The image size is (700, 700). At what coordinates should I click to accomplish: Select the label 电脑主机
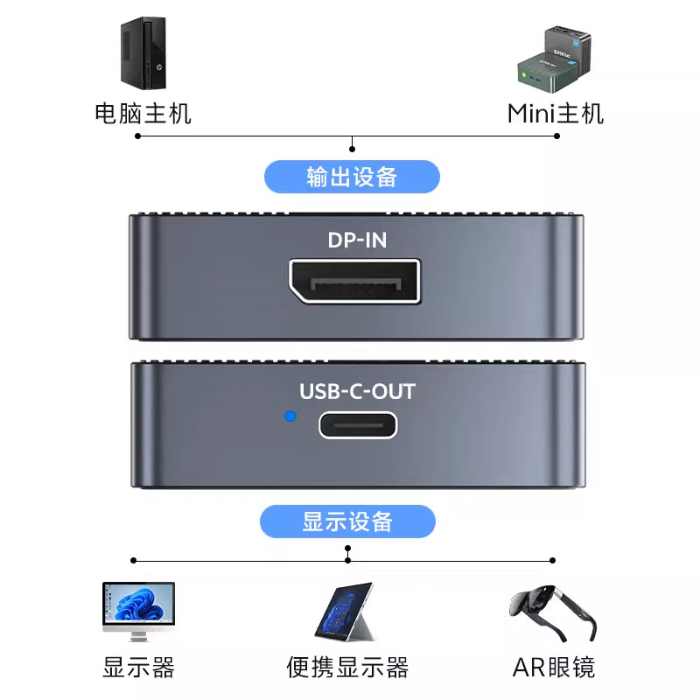[x=143, y=114]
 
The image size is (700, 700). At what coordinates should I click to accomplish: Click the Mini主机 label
[x=556, y=114]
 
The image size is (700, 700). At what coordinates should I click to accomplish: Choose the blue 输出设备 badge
[x=352, y=177]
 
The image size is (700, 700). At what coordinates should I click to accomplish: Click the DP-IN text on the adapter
[x=356, y=239]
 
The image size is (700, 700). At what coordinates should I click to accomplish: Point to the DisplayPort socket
[x=354, y=283]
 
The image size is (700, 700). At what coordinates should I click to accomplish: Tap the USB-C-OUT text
[x=357, y=391]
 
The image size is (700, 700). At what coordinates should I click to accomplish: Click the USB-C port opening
[x=357, y=425]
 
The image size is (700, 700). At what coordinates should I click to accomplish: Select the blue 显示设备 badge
[x=347, y=522]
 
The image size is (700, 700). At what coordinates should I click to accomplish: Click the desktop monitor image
[x=138, y=610]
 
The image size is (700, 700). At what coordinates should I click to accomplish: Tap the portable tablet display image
[x=344, y=611]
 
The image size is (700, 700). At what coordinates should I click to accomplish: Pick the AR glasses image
[x=553, y=610]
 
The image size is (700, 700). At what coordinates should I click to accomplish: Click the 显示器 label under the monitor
[x=138, y=668]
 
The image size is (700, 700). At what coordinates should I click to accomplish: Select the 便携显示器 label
[x=347, y=668]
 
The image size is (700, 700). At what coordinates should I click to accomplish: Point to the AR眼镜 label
[x=553, y=668]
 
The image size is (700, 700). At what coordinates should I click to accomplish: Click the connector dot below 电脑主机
[x=140, y=136]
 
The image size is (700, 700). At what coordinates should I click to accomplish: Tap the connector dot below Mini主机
[x=556, y=136]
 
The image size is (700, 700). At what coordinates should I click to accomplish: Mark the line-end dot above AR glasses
[x=552, y=560]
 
